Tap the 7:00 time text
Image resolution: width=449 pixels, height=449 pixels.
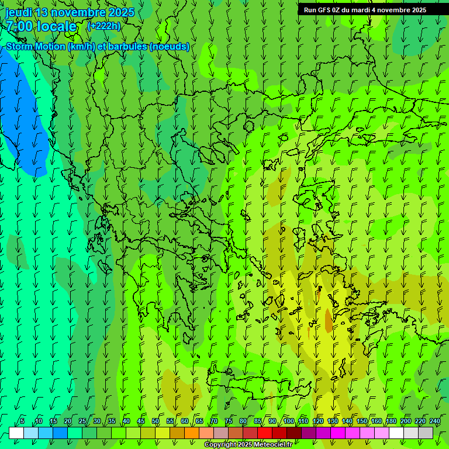click(19, 26)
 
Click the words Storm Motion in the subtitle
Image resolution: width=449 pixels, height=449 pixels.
click(35, 47)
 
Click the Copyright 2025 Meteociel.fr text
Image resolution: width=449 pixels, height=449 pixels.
click(248, 445)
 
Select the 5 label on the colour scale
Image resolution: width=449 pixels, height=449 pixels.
click(22, 422)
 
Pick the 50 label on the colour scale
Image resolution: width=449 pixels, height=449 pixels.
click(156, 422)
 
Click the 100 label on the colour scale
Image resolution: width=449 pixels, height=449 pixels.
click(289, 422)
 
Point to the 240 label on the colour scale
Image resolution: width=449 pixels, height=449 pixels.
click(435, 422)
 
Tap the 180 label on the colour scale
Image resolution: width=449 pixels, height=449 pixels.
click(391, 422)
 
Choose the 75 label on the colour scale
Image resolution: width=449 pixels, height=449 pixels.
click(229, 422)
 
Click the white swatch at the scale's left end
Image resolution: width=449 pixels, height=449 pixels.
click(16, 433)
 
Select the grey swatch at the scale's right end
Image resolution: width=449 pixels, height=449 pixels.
click(426, 433)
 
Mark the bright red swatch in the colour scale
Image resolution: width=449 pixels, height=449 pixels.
click(265, 433)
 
